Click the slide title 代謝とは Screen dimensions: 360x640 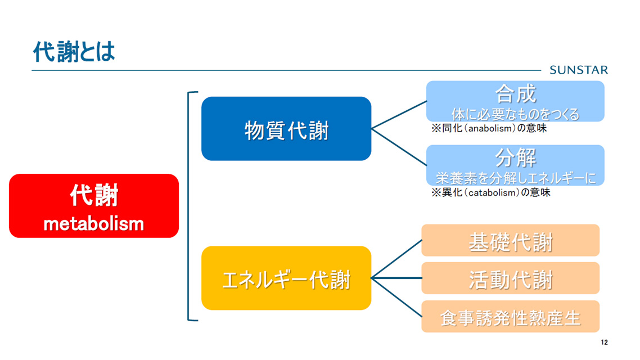(74, 52)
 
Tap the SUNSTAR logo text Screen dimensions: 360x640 (579, 70)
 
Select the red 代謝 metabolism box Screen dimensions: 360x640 (94, 206)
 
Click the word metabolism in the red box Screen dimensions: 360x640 (94, 224)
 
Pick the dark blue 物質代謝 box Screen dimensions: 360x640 (286, 129)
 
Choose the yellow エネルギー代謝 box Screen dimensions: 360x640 (286, 278)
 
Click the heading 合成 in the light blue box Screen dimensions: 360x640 (515, 94)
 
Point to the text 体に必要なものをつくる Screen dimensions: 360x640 (515, 114)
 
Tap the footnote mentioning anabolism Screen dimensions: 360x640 (489, 128)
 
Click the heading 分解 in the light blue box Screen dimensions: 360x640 (515, 158)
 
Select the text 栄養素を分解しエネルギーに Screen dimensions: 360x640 (515, 178)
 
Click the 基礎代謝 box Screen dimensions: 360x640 (510, 241)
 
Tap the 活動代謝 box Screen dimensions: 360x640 (510, 278)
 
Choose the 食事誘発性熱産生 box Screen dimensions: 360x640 (510, 317)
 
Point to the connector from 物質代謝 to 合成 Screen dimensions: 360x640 (399, 115)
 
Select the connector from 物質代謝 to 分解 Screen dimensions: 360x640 (399, 147)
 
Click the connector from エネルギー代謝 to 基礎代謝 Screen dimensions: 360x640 (396, 259)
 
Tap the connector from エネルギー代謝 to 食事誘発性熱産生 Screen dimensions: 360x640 (396, 297)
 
